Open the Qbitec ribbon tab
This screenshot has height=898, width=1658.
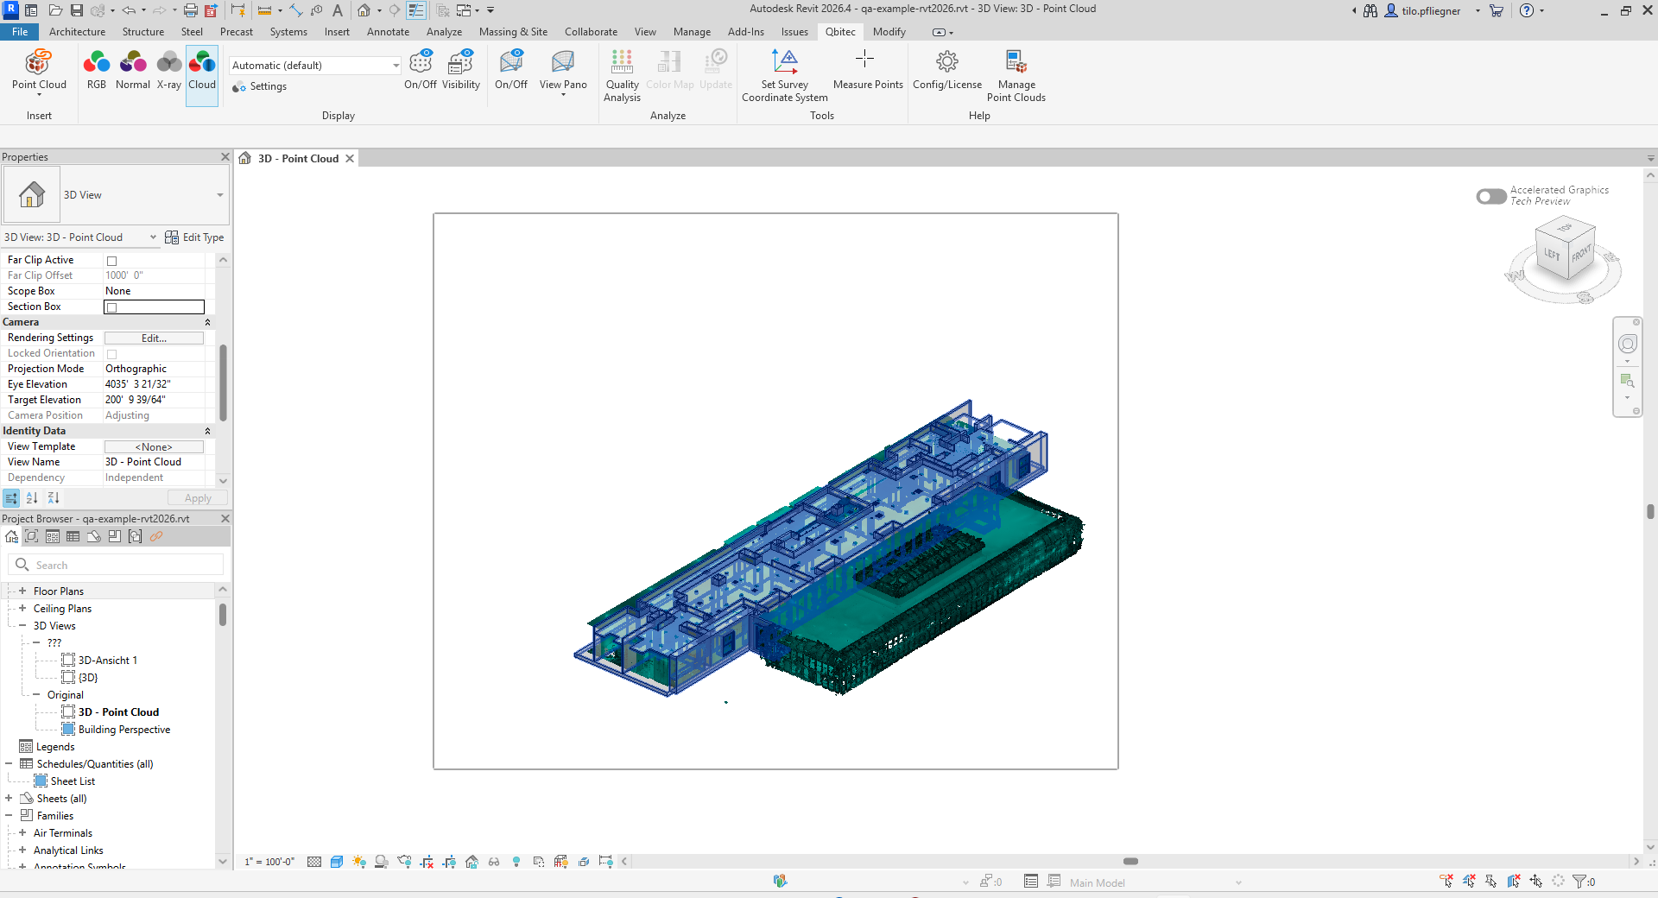[x=840, y=32]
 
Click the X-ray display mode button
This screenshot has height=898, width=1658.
[x=169, y=70]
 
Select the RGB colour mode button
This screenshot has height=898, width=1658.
[x=97, y=70]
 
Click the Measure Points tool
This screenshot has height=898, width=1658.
[x=868, y=70]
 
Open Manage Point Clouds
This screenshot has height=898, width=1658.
[x=1016, y=76]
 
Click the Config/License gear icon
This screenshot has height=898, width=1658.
[x=947, y=61]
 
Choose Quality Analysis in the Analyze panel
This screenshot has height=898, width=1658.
[x=622, y=76]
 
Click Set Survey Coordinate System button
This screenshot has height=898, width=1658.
[x=785, y=76]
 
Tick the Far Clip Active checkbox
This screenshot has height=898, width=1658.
[x=111, y=261]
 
